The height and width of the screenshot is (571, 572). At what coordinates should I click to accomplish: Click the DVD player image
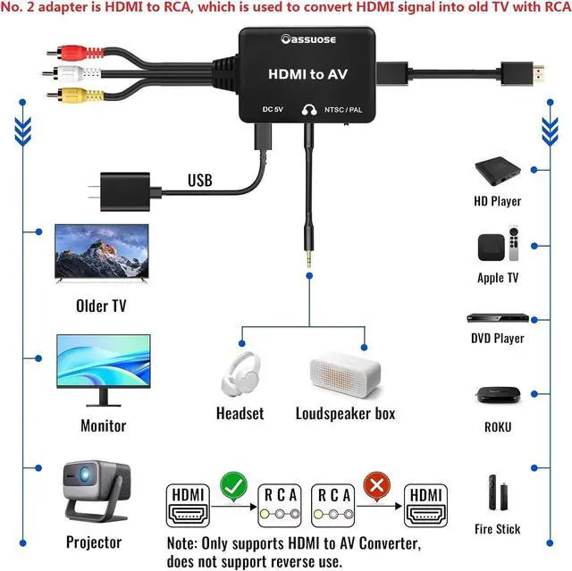point(497,318)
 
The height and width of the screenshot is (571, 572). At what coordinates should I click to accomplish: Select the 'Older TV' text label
point(101,306)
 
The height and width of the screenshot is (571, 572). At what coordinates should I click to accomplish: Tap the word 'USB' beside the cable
point(200,181)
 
